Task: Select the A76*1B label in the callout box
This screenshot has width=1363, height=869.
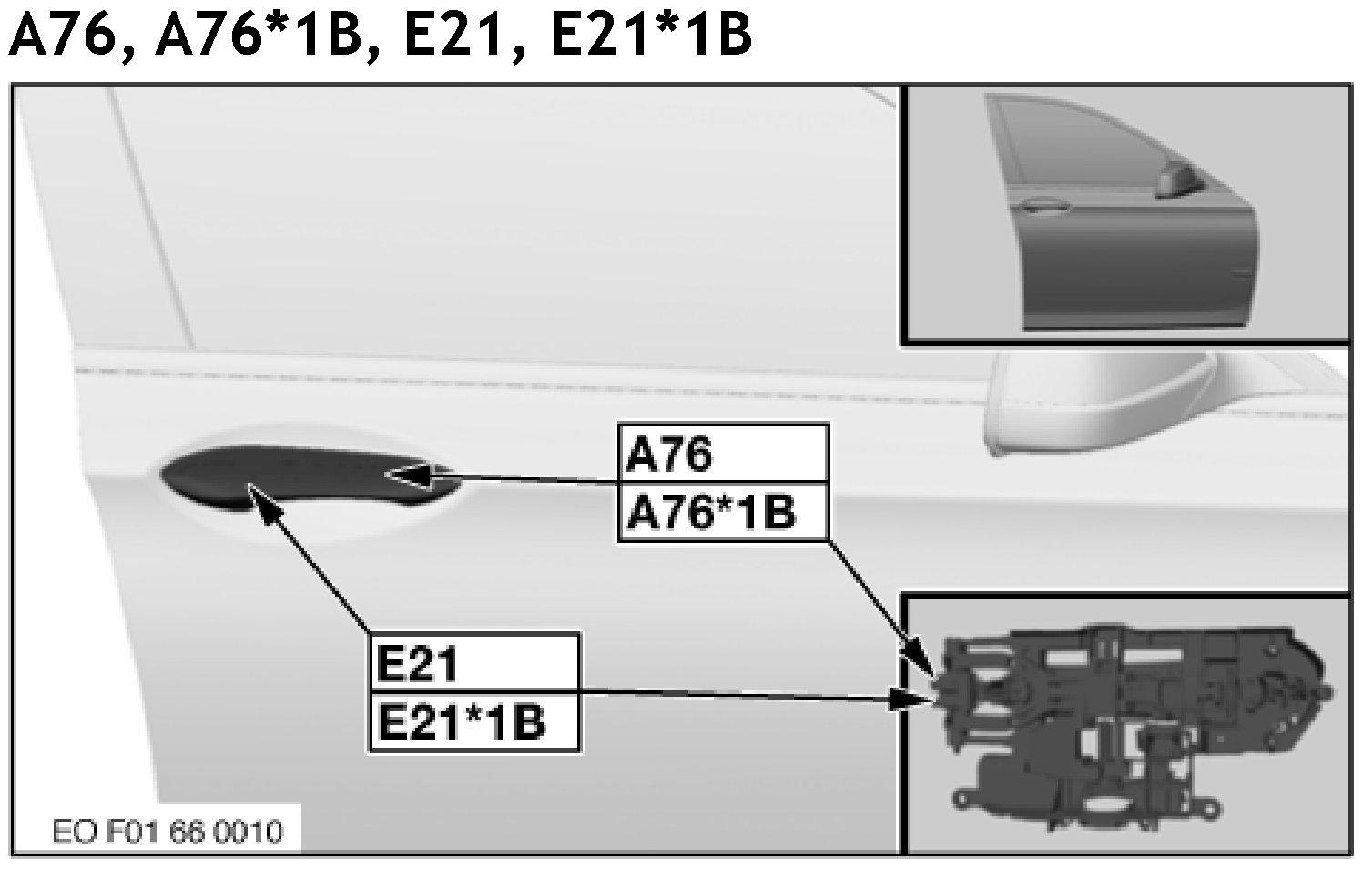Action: click(x=710, y=513)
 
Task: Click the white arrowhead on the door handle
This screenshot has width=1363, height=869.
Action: click(x=405, y=474)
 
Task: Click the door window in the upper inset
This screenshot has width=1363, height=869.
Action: click(x=1074, y=146)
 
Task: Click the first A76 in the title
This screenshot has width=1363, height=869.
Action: click(x=64, y=36)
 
